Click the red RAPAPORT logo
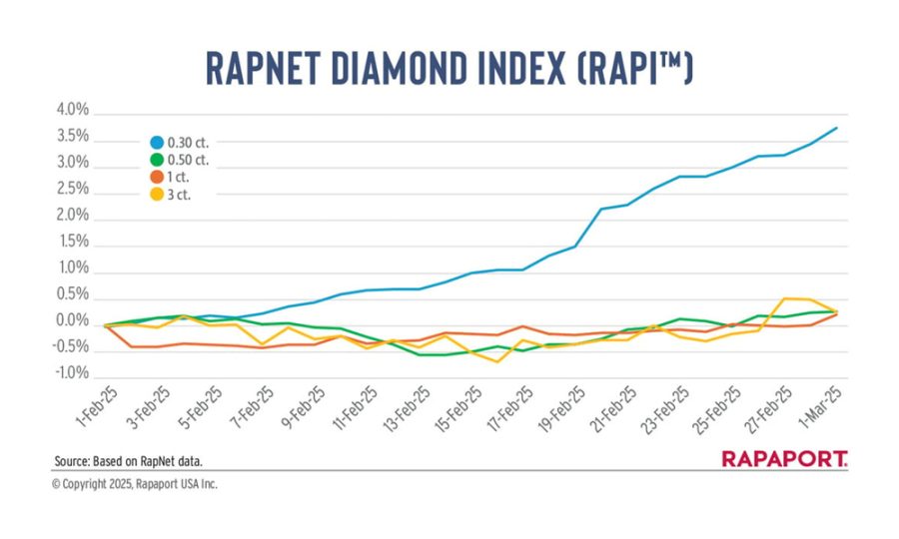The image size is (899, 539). (784, 459)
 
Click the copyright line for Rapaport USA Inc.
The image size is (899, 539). (134, 484)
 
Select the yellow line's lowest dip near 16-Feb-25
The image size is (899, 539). (496, 361)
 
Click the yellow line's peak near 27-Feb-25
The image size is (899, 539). (785, 298)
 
